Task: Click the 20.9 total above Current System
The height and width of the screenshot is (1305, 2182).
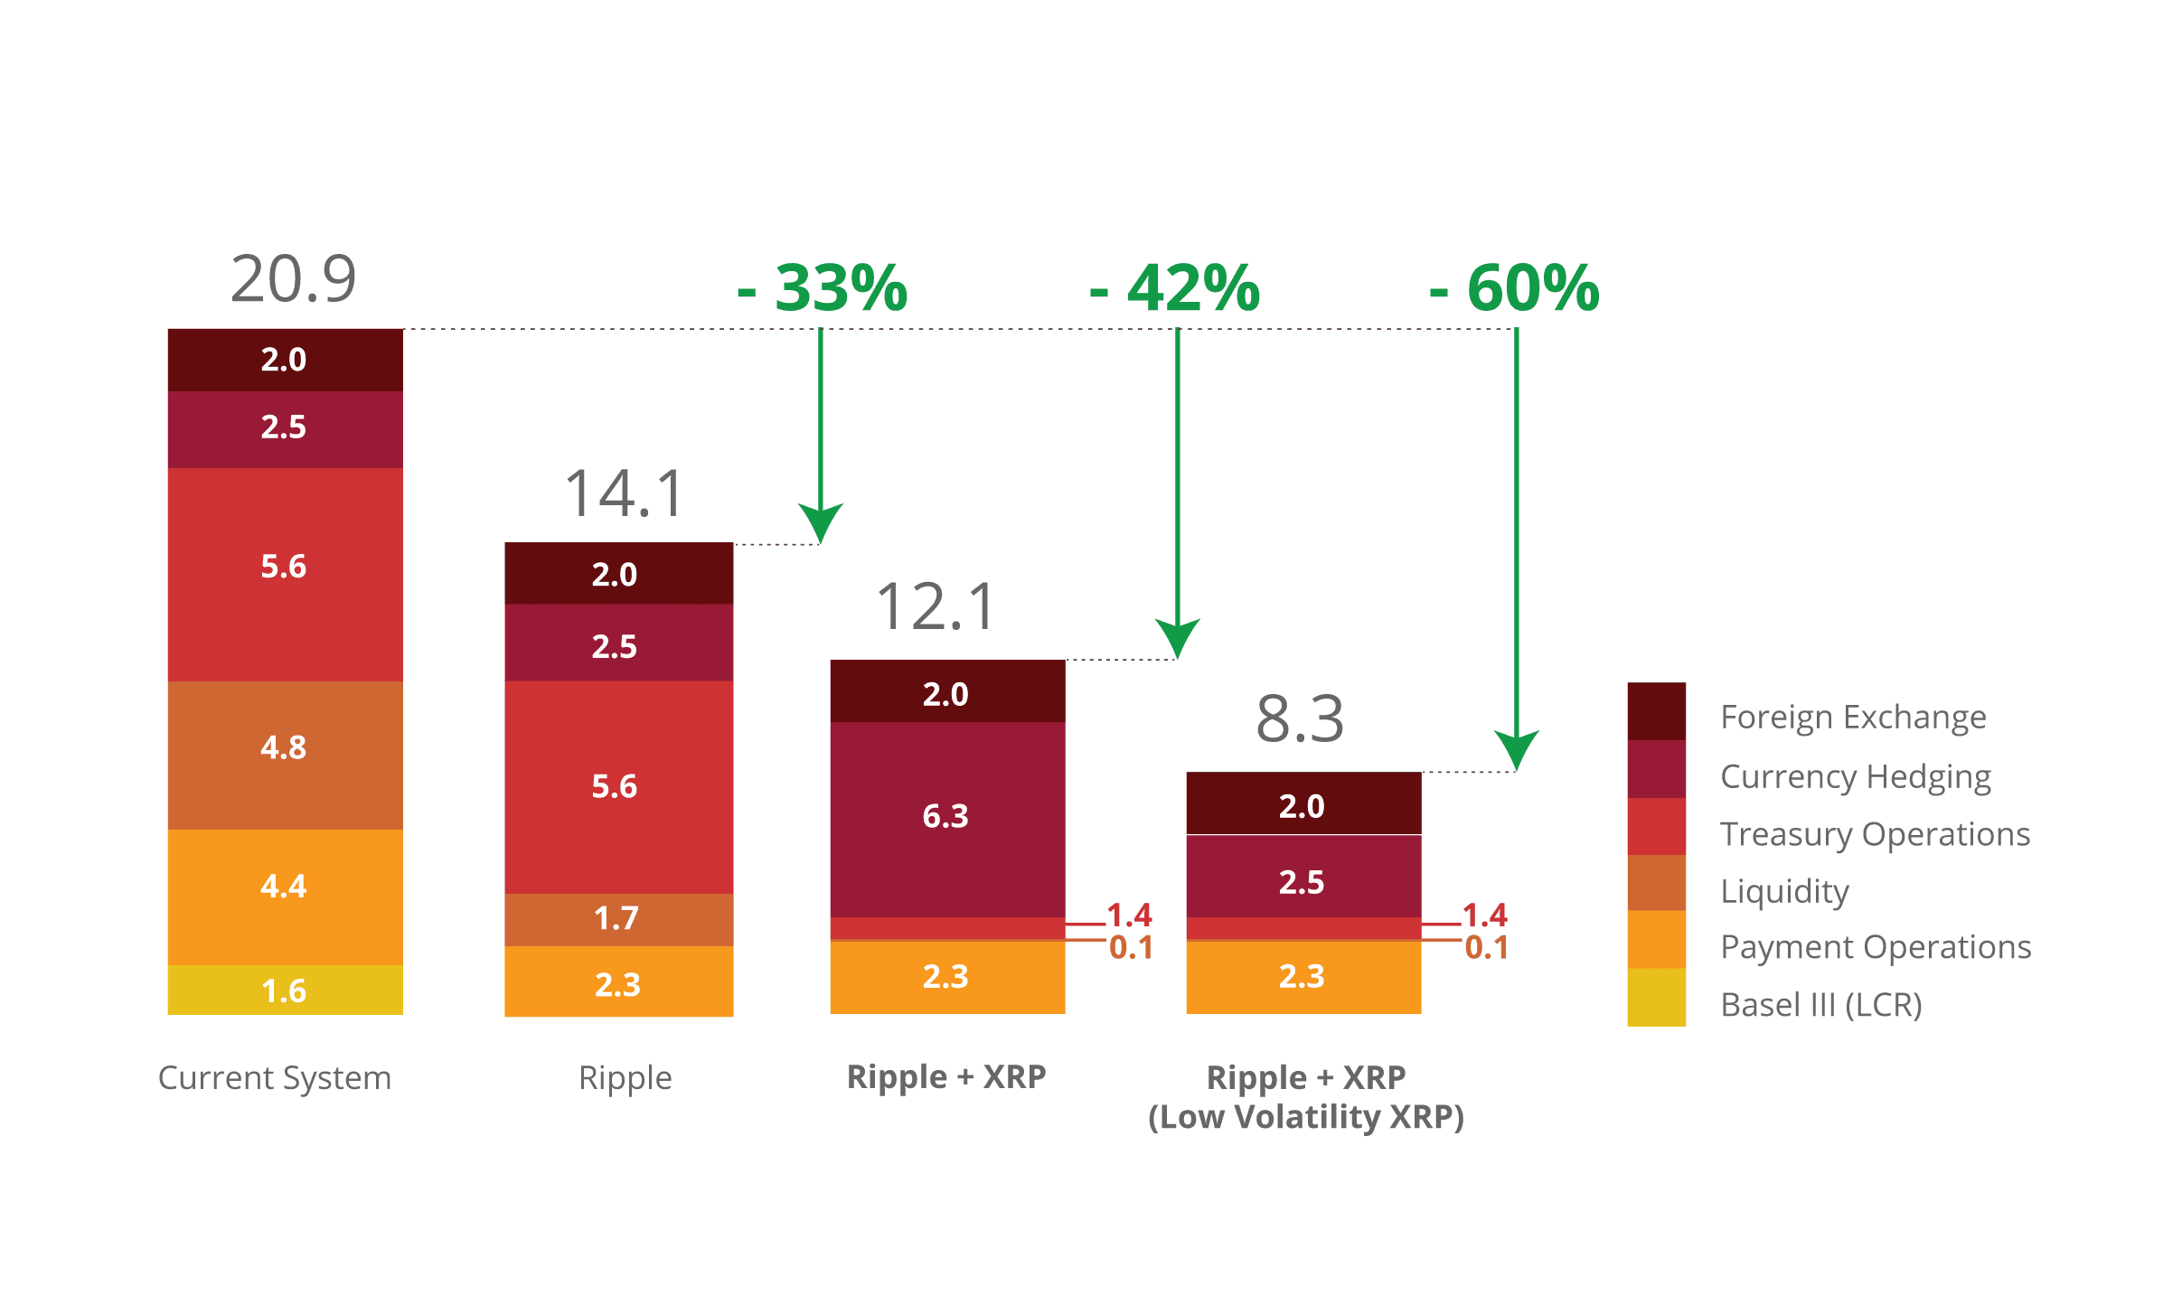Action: pyautogui.click(x=294, y=279)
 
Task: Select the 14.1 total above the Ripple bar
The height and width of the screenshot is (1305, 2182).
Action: pyautogui.click(x=625, y=494)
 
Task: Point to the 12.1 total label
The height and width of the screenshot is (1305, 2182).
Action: pyautogui.click(x=936, y=606)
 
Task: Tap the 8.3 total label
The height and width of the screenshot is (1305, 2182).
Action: pyautogui.click(x=1300, y=719)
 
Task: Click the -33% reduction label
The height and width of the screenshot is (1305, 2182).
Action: pyautogui.click(x=823, y=288)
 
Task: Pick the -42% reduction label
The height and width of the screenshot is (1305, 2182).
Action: pyautogui.click(x=1174, y=288)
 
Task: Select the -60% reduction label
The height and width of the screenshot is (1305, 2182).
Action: pyautogui.click(x=1514, y=288)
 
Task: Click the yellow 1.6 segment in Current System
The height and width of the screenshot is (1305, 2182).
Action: pyautogui.click(x=285, y=990)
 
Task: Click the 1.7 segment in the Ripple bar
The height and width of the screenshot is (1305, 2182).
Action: pyautogui.click(x=618, y=919)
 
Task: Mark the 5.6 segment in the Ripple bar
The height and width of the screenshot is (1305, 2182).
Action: pyautogui.click(x=618, y=786)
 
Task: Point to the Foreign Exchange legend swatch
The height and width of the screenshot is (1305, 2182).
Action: pyautogui.click(x=1656, y=711)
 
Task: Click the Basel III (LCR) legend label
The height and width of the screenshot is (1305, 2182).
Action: pyautogui.click(x=1820, y=1005)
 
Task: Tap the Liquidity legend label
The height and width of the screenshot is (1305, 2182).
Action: pyautogui.click(x=1784, y=891)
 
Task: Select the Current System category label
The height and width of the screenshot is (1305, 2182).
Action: pyautogui.click(x=275, y=1078)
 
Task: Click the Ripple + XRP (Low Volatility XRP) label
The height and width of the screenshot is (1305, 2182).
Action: pyautogui.click(x=1306, y=1097)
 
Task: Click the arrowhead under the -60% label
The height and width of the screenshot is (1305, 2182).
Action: pyautogui.click(x=1516, y=750)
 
